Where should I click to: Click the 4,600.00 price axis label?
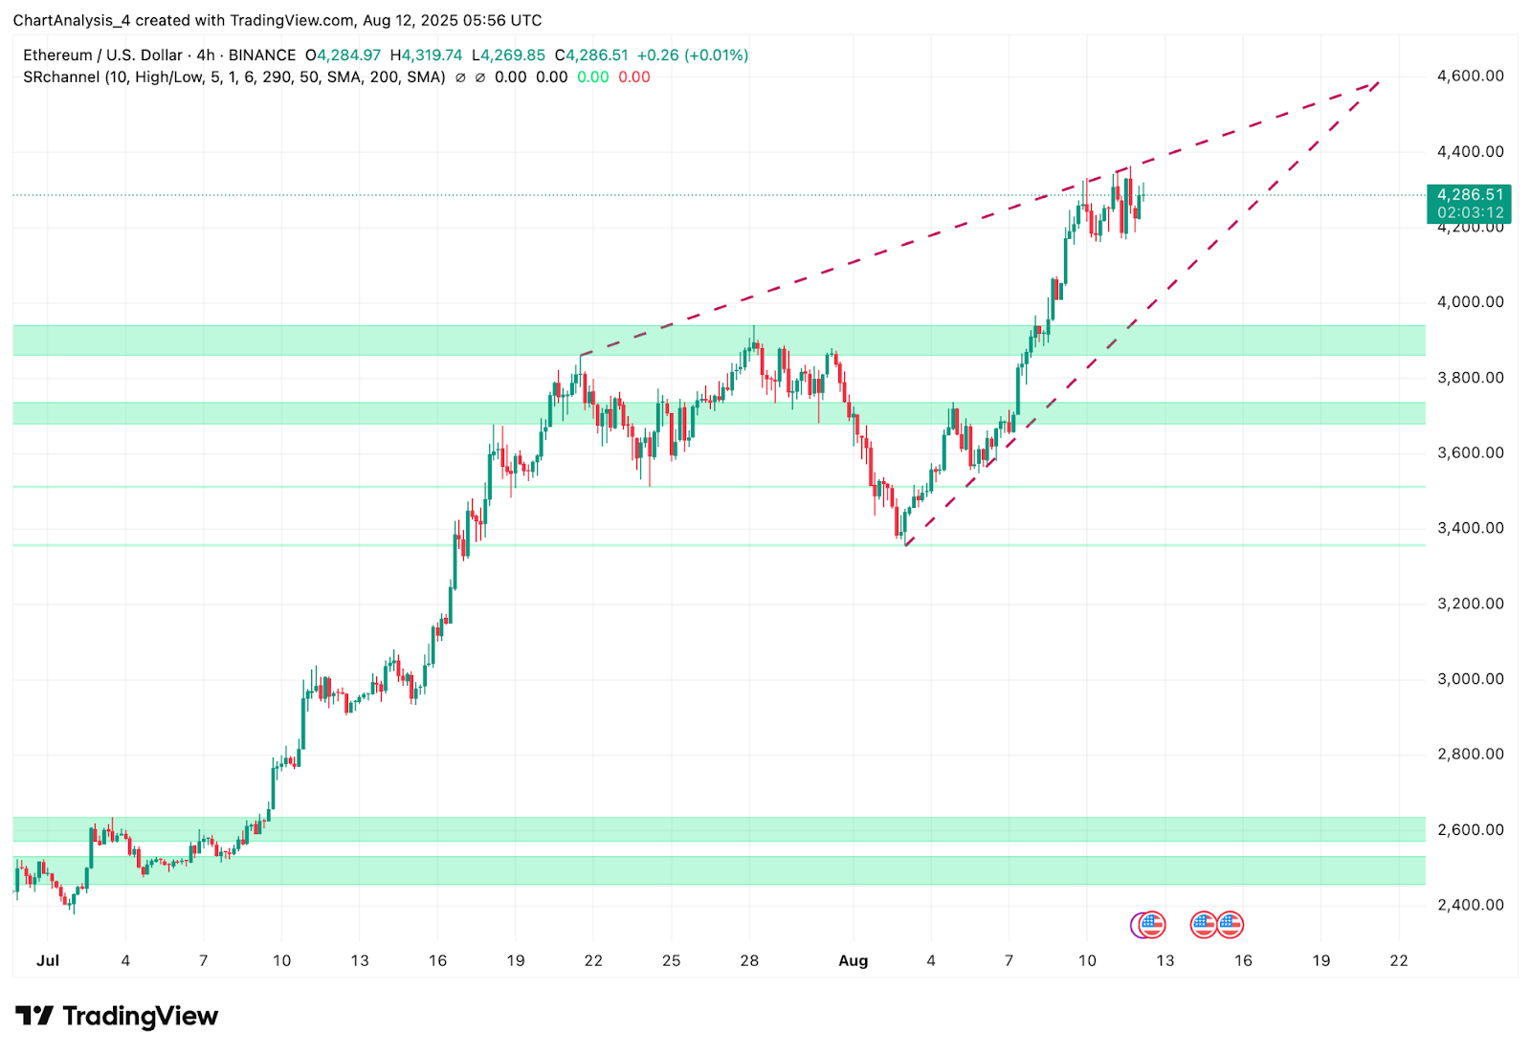pyautogui.click(x=1470, y=77)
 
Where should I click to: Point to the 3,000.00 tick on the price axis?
pyautogui.click(x=1470, y=679)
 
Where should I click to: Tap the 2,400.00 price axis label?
pyautogui.click(x=1470, y=905)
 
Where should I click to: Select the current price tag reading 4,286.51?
pyautogui.click(x=1469, y=195)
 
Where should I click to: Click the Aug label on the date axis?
pyautogui.click(x=853, y=960)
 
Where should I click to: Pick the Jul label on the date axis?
pyautogui.click(x=48, y=960)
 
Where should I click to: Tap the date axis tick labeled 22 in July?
pyautogui.click(x=593, y=960)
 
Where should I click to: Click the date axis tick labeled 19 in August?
pyautogui.click(x=1320, y=960)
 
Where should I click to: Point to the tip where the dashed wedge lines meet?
pyautogui.click(x=1379, y=81)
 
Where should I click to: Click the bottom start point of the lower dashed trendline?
pyautogui.click(x=905, y=545)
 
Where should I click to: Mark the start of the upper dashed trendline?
pyautogui.click(x=581, y=356)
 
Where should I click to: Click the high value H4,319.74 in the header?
pyautogui.click(x=426, y=55)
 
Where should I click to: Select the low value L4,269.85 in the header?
pyautogui.click(x=508, y=55)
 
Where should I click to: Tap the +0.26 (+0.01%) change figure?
pyautogui.click(x=693, y=55)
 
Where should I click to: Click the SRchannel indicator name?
pyautogui.click(x=61, y=77)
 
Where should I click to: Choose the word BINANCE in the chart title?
pyautogui.click(x=262, y=55)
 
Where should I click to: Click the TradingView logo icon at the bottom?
pyautogui.click(x=34, y=1016)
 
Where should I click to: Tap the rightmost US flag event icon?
pyautogui.click(x=1230, y=925)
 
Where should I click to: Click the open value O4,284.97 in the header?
pyautogui.click(x=343, y=55)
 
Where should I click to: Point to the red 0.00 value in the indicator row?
pyautogui.click(x=634, y=77)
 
